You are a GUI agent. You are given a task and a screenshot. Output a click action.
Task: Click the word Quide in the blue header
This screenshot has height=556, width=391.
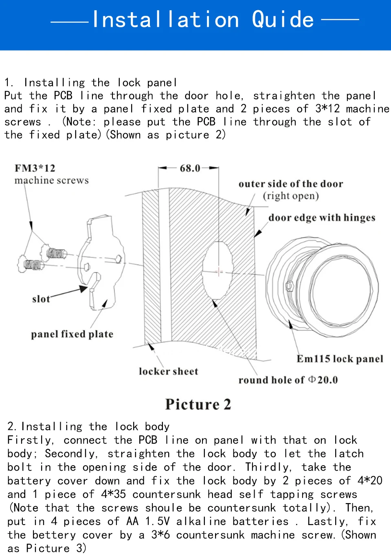(x=283, y=20)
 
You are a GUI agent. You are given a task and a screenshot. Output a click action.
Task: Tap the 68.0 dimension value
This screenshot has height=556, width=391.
(x=190, y=168)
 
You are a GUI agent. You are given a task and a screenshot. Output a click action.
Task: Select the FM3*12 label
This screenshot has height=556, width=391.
(x=35, y=168)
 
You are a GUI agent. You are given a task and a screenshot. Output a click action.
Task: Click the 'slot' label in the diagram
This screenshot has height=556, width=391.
(x=41, y=299)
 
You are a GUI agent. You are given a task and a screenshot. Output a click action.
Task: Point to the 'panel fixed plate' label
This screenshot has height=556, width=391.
(x=72, y=334)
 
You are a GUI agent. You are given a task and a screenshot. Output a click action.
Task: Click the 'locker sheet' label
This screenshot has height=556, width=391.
(x=168, y=371)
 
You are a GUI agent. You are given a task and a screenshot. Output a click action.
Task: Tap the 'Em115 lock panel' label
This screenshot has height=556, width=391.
(x=340, y=359)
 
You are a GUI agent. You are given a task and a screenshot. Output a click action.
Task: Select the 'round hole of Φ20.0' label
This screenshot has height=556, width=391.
(x=288, y=380)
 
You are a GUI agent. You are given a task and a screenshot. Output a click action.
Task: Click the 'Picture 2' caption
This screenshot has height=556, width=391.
(x=198, y=404)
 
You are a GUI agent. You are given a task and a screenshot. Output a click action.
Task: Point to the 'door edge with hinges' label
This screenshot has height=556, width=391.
(x=322, y=218)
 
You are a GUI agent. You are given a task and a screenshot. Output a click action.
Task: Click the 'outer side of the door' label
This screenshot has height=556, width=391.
(x=291, y=184)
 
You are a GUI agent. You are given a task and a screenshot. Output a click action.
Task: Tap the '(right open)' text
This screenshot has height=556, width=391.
(x=291, y=196)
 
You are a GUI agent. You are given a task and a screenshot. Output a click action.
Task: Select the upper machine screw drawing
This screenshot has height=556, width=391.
(x=54, y=253)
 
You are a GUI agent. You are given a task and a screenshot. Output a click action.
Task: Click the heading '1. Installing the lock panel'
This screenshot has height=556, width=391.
(x=90, y=83)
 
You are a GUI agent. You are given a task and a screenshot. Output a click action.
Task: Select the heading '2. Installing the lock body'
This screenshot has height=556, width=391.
(x=88, y=427)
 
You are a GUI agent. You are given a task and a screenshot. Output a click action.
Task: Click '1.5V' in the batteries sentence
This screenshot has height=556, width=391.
(x=157, y=521)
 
